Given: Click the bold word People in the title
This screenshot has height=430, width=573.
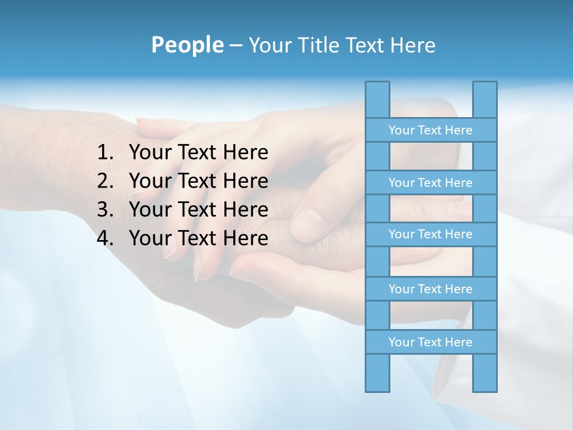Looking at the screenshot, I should point(187,45).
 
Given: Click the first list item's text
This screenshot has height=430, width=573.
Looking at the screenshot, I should point(198,153).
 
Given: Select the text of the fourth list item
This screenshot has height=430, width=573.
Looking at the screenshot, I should point(198,238).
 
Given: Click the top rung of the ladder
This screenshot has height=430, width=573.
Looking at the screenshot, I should point(430,130).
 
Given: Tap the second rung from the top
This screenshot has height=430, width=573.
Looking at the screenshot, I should point(430,183).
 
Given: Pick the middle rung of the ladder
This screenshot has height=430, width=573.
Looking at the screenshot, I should point(430,234).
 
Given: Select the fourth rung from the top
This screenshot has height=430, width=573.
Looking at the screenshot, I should point(430,289).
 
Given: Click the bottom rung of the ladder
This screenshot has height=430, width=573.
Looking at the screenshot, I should point(430,342).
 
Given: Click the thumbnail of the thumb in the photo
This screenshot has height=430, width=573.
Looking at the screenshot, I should point(311,223).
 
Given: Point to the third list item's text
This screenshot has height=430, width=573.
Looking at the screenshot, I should point(198,210).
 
